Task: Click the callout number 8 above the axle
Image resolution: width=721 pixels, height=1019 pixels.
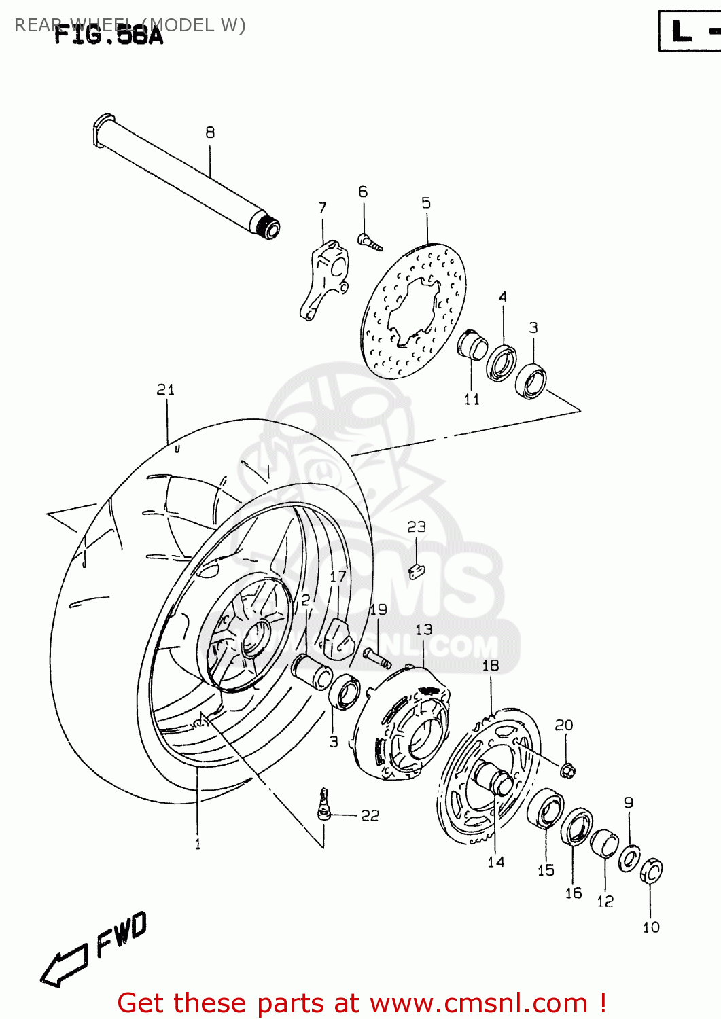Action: point(210,132)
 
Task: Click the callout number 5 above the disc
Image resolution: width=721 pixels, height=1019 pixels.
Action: point(426,202)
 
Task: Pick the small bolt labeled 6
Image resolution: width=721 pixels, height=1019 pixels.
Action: point(370,240)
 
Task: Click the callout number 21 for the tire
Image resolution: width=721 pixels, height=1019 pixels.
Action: point(165,389)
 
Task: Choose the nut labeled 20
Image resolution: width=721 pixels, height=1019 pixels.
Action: point(568,770)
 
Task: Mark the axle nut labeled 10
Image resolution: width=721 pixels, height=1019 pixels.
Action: point(651,871)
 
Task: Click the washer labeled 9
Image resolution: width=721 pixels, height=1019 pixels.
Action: point(629,858)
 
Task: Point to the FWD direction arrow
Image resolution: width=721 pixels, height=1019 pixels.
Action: point(65,964)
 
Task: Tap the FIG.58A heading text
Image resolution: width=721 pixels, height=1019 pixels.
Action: point(109,35)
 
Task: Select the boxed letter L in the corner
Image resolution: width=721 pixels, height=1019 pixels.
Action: point(682,32)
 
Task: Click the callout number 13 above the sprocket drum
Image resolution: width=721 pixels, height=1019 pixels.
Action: point(423,630)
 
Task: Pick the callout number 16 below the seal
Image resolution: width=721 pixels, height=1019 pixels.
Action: point(574,893)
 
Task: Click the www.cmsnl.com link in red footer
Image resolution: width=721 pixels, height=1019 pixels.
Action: point(478,1003)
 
